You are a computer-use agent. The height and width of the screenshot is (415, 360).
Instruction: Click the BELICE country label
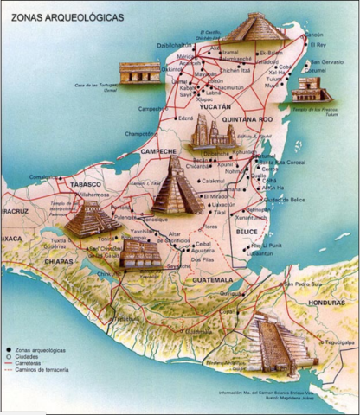click(x=248, y=232)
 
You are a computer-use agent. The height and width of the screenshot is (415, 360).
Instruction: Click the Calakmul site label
click(x=213, y=181)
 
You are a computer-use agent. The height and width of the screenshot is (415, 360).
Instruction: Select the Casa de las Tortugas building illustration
click(x=138, y=73)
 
